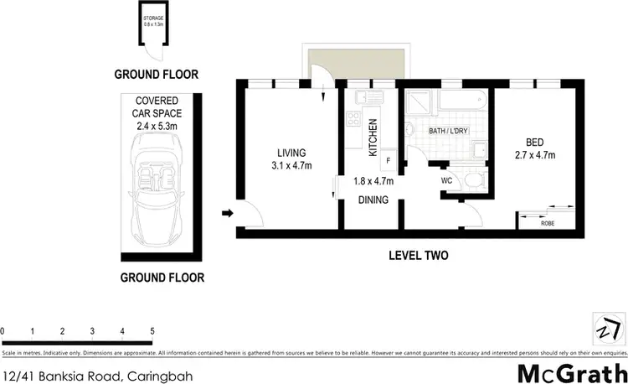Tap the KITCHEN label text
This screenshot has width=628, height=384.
pyautogui.click(x=373, y=138)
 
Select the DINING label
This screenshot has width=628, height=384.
pyautogui.click(x=373, y=200)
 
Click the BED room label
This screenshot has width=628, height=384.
pyautogui.click(x=534, y=142)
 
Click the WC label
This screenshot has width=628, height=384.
pyautogui.click(x=446, y=179)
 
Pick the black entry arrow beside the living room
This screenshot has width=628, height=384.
pyautogui.click(x=226, y=214)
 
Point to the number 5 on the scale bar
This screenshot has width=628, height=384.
pyautogui.click(x=152, y=331)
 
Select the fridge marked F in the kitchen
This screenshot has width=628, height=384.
pyautogui.click(x=388, y=159)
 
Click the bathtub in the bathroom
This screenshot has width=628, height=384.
pyautogui.click(x=457, y=101)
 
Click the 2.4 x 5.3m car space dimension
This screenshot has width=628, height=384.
pyautogui.click(x=157, y=127)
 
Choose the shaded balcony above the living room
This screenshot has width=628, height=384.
pyautogui.click(x=340, y=63)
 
